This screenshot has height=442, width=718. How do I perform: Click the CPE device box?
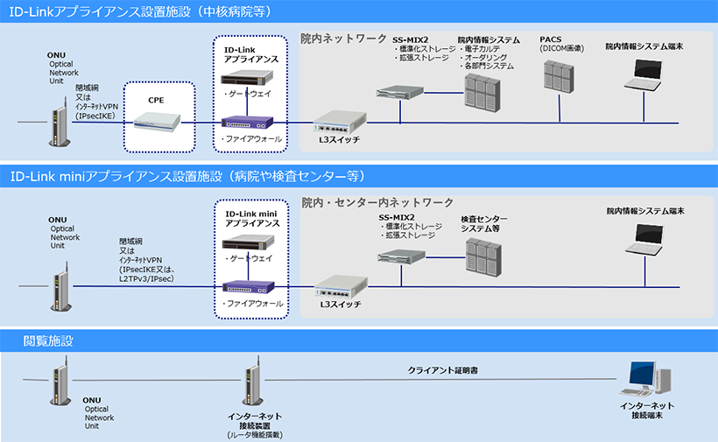158,122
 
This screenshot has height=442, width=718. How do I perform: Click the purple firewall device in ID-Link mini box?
251,285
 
